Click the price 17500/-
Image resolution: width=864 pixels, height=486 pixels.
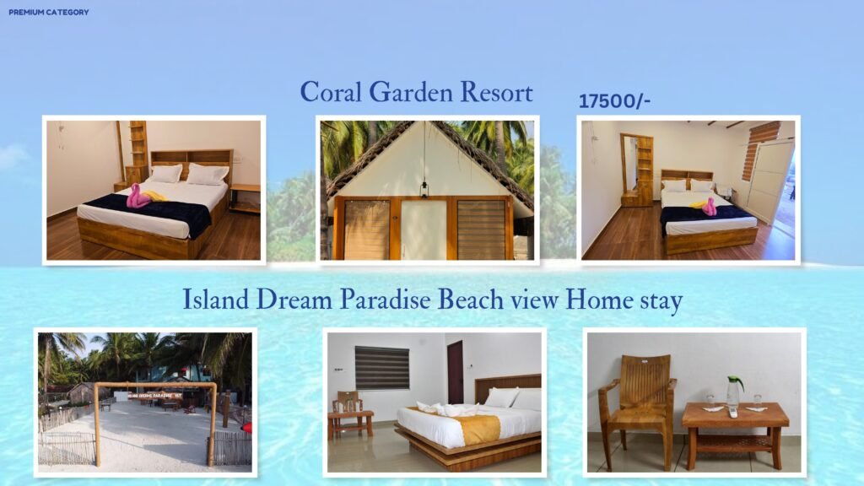click(x=614, y=101)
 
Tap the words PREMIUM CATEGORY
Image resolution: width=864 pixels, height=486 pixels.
click(x=48, y=12)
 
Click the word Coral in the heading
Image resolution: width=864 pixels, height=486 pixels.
click(x=331, y=92)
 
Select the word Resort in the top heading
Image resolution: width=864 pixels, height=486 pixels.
click(x=496, y=92)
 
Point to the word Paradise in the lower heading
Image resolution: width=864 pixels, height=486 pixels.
click(x=385, y=300)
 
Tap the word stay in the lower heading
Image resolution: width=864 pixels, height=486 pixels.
click(x=661, y=302)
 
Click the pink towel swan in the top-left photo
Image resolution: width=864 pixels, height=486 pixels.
click(x=138, y=196)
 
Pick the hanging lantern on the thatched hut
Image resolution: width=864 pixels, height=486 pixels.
click(x=424, y=190)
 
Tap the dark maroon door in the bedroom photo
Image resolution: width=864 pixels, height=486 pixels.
click(x=455, y=372)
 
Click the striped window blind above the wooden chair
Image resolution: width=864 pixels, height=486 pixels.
click(x=382, y=368)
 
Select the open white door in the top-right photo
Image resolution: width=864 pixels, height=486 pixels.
click(x=770, y=182)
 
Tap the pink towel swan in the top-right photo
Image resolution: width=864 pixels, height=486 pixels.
click(x=709, y=207)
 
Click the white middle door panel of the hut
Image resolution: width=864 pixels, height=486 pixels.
click(x=424, y=229)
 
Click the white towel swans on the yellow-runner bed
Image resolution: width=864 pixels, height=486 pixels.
click(x=447, y=409)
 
